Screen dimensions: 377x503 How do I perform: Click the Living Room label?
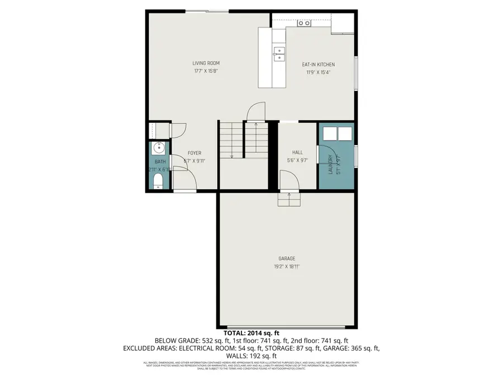206,63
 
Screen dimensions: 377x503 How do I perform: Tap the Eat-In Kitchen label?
318,64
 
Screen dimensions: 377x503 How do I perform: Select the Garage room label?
287,259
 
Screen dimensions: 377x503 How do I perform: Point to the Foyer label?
194,153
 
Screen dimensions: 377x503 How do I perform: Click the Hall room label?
297,152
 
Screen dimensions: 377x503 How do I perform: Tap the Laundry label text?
330,164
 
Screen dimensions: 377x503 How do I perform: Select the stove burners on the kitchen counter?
304,23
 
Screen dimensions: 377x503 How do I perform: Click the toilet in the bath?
158,180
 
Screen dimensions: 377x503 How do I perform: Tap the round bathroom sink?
158,149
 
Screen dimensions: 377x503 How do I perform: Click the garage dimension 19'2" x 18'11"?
287,266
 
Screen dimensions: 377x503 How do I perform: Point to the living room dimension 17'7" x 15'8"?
206,71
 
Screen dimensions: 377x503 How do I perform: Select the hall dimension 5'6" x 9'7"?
297,160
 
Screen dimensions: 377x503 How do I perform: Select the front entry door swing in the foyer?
184,180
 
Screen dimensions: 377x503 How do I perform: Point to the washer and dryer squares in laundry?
336,133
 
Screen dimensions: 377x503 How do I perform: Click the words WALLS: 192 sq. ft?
251,355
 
